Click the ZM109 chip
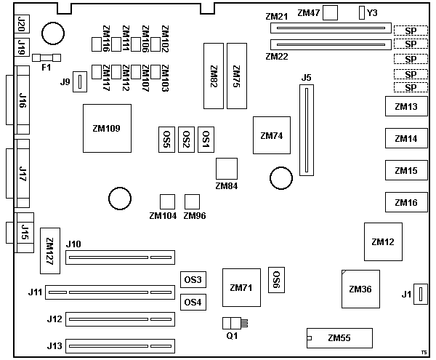click(x=107, y=128)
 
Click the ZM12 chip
click(x=382, y=241)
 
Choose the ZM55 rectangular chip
click(x=339, y=337)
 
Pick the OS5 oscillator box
click(x=166, y=138)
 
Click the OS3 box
click(x=193, y=280)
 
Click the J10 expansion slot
click(x=120, y=257)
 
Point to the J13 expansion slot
click(x=120, y=347)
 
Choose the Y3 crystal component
click(x=362, y=12)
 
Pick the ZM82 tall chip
click(x=214, y=74)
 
